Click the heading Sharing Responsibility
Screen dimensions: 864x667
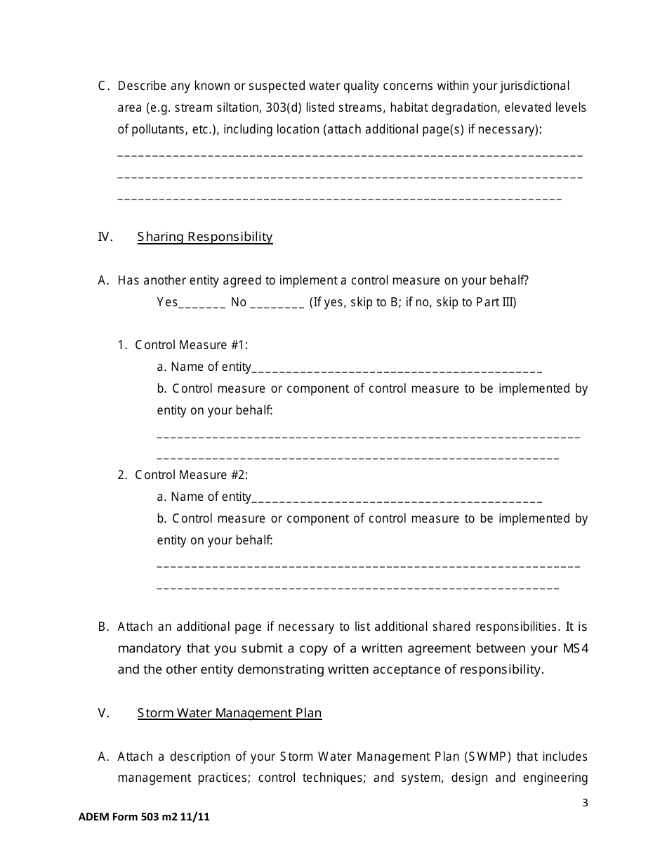point(205,237)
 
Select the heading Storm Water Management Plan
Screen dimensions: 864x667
point(230,713)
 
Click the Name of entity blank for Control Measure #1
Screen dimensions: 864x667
point(397,368)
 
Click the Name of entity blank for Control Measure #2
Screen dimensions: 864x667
point(397,498)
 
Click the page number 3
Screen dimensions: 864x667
point(585,804)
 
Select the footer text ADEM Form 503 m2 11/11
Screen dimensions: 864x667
point(144,817)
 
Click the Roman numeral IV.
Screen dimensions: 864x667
point(105,237)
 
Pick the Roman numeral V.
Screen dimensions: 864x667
point(104,713)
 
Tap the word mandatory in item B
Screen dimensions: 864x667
point(150,648)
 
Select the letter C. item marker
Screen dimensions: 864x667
point(104,86)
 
